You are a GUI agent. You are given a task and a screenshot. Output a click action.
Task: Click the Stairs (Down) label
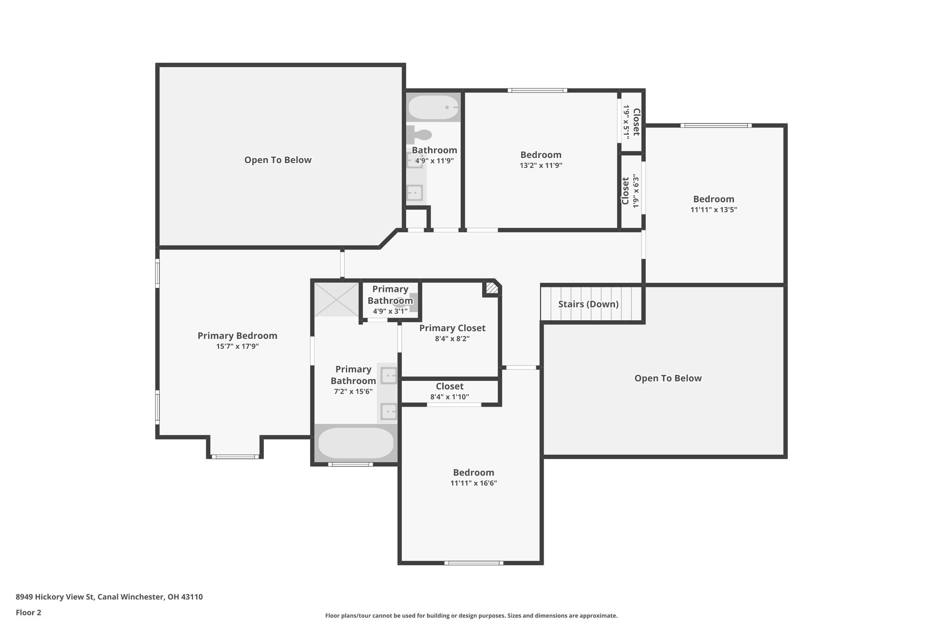588,304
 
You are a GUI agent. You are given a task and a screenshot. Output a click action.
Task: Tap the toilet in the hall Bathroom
419,134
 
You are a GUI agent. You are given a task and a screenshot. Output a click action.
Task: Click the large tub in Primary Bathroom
355,443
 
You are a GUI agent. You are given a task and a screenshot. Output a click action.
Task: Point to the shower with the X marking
337,300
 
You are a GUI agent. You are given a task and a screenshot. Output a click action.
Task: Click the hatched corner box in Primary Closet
491,288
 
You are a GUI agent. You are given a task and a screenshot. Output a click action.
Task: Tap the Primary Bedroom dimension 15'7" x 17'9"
237,346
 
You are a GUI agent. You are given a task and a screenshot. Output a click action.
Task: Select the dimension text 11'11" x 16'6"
473,483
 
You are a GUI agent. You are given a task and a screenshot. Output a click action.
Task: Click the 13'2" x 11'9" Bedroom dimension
541,166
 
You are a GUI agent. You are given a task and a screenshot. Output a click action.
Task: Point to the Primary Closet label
452,328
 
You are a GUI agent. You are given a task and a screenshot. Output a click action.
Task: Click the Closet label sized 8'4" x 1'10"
449,386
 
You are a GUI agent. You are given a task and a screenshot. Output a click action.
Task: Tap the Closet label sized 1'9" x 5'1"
636,122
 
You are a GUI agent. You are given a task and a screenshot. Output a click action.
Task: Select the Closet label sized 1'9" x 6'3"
625,191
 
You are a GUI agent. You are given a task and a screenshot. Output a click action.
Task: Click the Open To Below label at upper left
278,160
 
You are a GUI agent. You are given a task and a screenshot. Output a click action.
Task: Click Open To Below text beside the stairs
668,378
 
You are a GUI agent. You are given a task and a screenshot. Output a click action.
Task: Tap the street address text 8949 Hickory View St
109,597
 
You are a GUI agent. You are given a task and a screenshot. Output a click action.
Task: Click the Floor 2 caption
29,612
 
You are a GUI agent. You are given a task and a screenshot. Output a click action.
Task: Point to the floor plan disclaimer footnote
471,616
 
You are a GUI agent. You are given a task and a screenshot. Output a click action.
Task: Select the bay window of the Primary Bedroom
235,456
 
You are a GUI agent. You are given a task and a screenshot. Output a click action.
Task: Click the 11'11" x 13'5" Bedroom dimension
713,210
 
